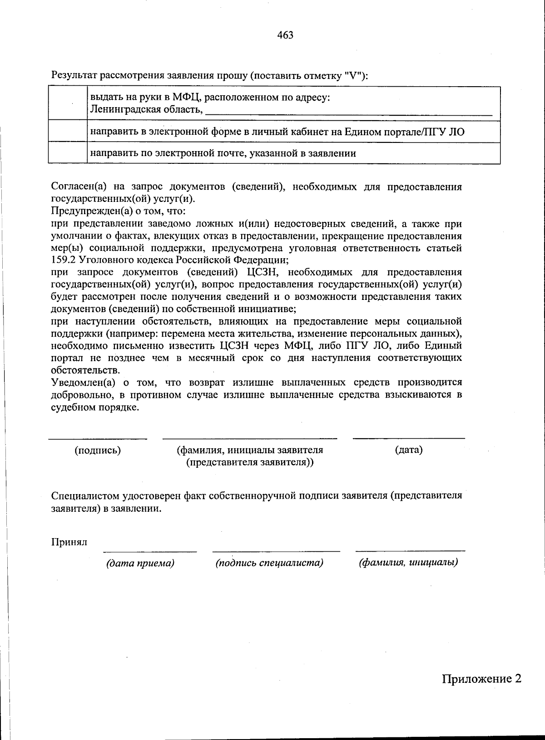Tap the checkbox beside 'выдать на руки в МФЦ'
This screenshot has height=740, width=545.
point(68,103)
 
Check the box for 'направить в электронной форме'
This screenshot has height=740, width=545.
point(68,132)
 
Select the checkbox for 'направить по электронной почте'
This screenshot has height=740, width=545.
point(68,153)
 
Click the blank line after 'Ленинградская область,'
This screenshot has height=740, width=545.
point(348,114)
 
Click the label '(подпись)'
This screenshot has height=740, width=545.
point(98,450)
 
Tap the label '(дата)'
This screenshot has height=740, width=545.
point(409,450)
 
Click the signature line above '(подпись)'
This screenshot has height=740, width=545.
point(98,438)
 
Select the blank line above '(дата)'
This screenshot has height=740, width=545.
point(409,438)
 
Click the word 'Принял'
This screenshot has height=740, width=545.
point(69,542)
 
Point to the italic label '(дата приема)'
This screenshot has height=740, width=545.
point(140,563)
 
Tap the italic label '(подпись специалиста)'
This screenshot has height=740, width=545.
point(269,563)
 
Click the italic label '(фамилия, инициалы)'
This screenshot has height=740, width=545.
point(408,563)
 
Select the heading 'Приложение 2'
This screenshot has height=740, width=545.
point(481,679)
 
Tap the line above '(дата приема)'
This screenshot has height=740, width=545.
point(150,551)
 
